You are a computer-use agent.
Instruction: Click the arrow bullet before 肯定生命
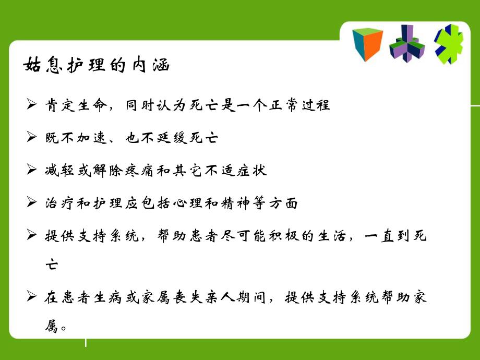click(x=31, y=105)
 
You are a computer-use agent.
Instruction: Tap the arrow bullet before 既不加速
click(x=31, y=138)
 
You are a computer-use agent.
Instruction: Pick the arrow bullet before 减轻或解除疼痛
click(x=31, y=171)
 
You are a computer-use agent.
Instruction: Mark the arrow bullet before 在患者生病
click(x=31, y=298)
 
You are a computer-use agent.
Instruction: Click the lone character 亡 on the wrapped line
click(x=52, y=265)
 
